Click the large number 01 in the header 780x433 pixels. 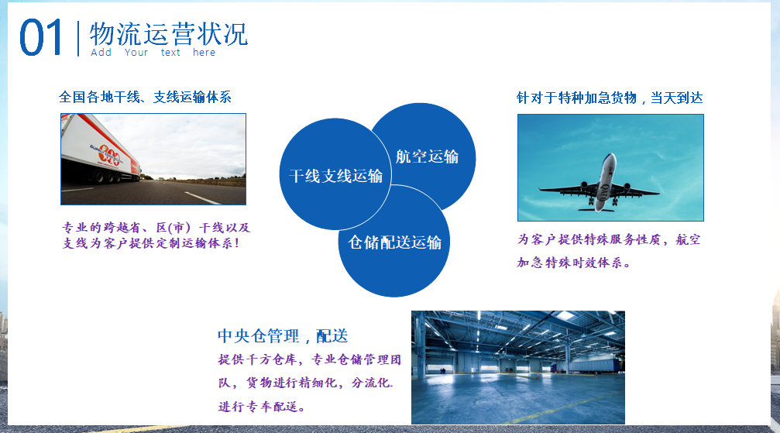(41, 37)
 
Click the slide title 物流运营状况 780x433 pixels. (169, 34)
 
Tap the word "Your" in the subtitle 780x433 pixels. (136, 52)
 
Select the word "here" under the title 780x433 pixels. (204, 52)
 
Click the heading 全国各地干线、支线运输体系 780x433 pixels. (146, 97)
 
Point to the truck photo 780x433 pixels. (153, 160)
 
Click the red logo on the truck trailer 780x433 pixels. (109, 155)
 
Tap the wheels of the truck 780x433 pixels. (107, 177)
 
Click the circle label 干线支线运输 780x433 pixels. (335, 176)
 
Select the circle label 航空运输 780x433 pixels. (428, 156)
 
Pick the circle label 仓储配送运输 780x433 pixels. (394, 242)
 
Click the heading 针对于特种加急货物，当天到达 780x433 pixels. (610, 98)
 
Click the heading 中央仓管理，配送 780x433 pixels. (283, 336)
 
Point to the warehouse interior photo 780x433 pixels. (518, 367)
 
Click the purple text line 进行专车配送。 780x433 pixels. (262, 407)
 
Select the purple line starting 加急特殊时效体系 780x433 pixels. (573, 263)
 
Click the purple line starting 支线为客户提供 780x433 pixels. (151, 243)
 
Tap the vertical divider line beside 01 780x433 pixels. (78, 39)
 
